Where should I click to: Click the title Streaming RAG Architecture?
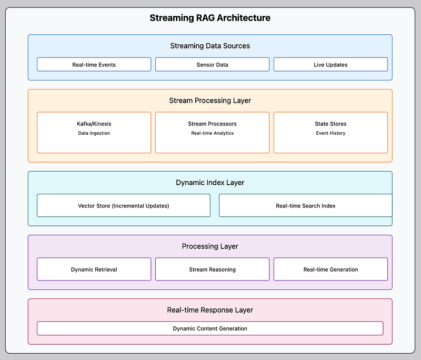point(210,18)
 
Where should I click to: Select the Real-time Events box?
point(94,64)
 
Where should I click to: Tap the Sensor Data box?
point(213,64)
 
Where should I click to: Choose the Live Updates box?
point(331,64)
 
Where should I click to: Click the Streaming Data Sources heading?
point(210,46)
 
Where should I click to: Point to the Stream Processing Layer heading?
point(210,101)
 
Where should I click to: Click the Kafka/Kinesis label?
point(94,124)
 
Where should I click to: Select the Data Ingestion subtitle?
point(94,133)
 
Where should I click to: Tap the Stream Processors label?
point(213,124)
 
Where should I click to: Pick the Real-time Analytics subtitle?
point(213,133)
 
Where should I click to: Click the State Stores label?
point(331,124)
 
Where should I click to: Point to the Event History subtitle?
point(331,133)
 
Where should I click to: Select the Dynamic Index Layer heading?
point(210,183)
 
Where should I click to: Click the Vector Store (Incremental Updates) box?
point(124,205)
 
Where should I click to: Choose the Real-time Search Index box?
point(306,205)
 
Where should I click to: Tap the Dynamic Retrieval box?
point(94,269)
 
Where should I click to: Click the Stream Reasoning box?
point(213,269)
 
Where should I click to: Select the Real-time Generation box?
point(331,269)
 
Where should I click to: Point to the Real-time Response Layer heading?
point(210,310)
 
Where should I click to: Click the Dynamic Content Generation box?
point(210,328)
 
